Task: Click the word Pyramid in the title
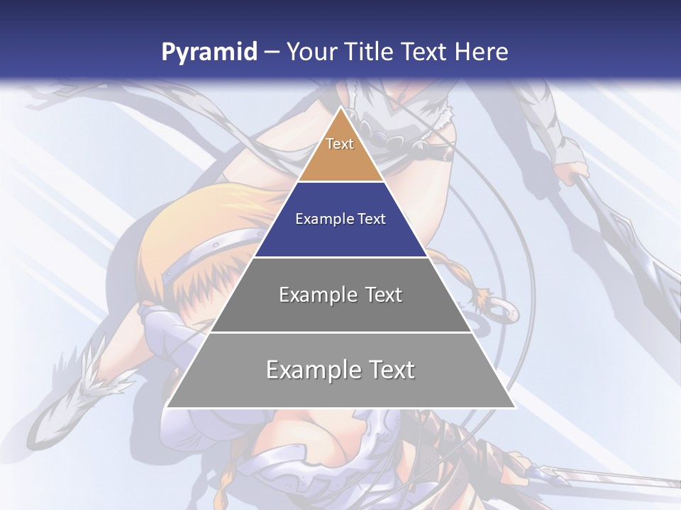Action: (x=209, y=52)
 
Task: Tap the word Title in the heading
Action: (x=369, y=52)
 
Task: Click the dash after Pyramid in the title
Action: (x=271, y=52)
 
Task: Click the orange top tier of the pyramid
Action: (x=340, y=159)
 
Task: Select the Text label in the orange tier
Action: (x=340, y=144)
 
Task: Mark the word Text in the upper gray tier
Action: (x=383, y=295)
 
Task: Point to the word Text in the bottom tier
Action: (x=392, y=370)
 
